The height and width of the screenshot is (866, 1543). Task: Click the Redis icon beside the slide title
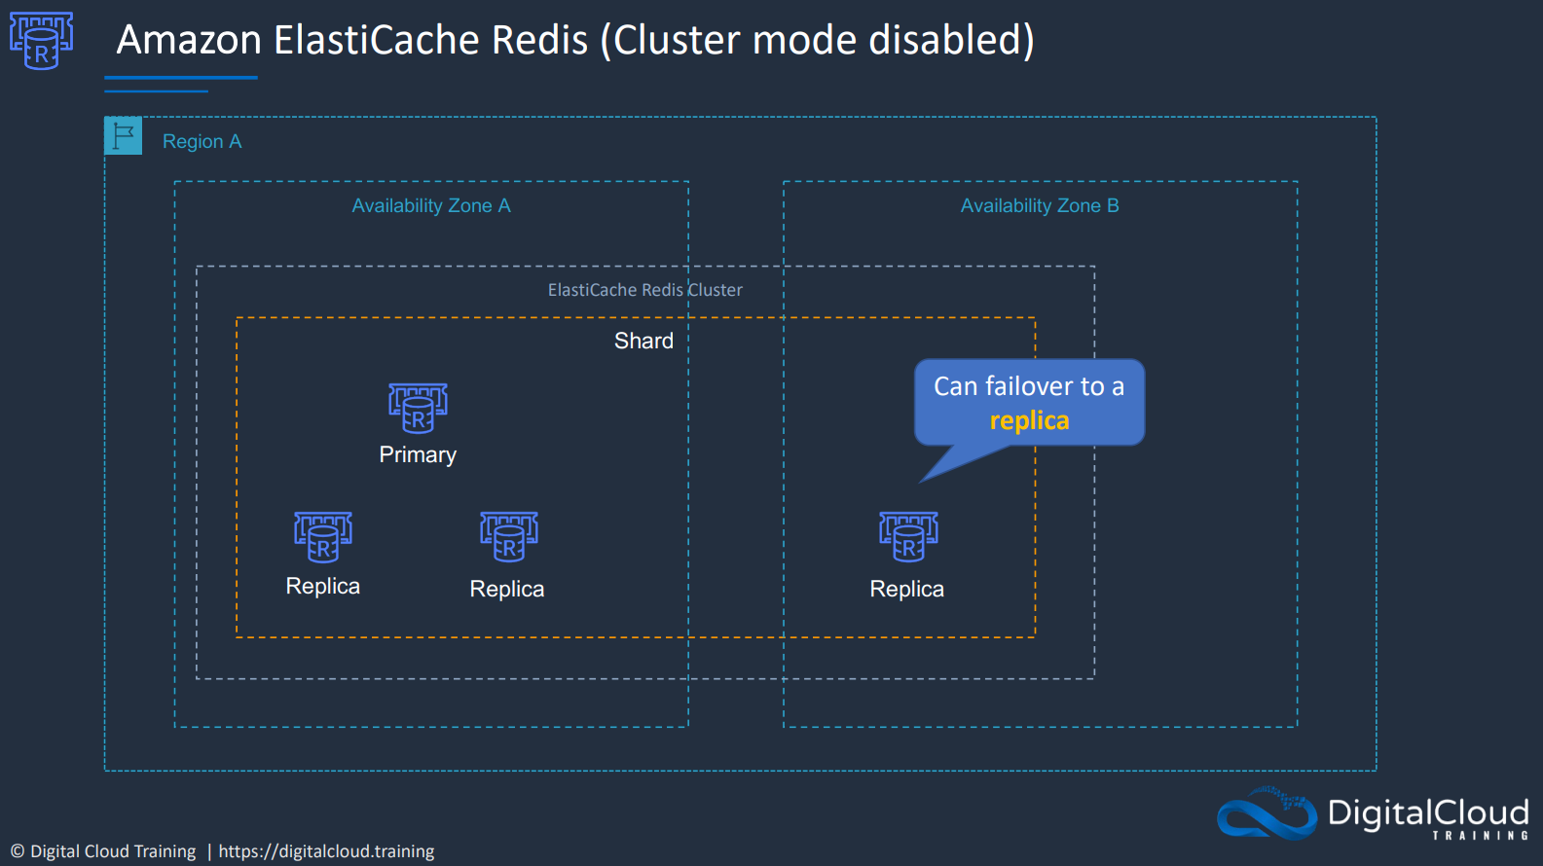click(x=41, y=41)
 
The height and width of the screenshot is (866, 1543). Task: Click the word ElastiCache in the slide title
click(x=430, y=40)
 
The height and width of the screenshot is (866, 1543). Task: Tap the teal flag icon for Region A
click(x=124, y=135)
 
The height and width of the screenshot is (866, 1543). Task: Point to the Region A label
click(x=202, y=141)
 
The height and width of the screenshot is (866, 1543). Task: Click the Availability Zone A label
click(x=431, y=205)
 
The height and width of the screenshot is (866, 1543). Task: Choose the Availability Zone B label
click(x=1040, y=205)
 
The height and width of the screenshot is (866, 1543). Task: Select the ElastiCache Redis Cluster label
click(x=644, y=290)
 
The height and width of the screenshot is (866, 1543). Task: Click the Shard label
click(x=643, y=341)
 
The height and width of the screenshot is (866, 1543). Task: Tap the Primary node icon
click(x=419, y=409)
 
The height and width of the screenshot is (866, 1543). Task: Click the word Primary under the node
click(x=418, y=454)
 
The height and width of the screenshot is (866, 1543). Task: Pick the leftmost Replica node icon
click(x=323, y=537)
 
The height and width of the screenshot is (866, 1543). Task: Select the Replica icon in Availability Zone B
click(x=908, y=537)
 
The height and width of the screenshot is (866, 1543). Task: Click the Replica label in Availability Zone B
click(x=906, y=590)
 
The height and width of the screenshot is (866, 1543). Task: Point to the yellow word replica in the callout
click(x=1029, y=420)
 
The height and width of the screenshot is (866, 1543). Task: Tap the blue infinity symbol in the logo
click(x=1267, y=814)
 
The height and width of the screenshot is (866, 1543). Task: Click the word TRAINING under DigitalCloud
click(x=1481, y=835)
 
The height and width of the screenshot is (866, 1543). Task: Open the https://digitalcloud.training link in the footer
click(x=326, y=851)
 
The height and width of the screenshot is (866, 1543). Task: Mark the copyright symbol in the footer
click(x=18, y=851)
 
